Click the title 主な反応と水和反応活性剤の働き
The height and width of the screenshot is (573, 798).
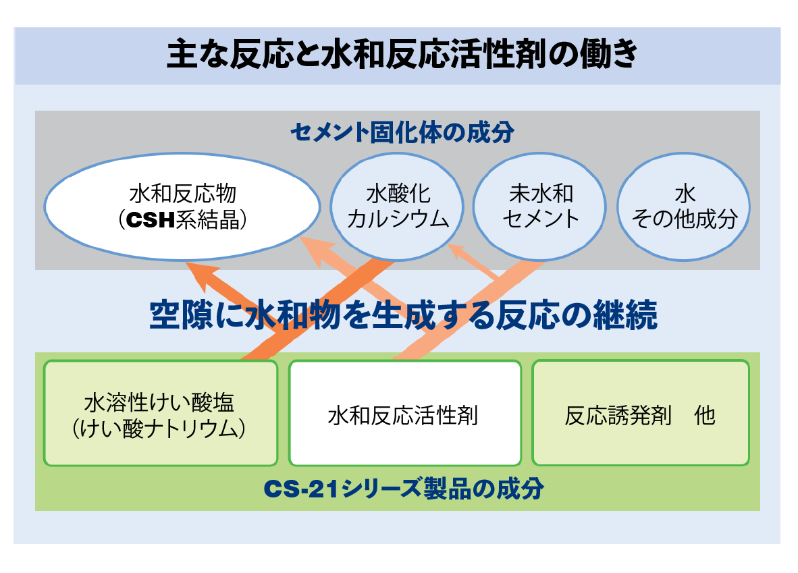tap(402, 54)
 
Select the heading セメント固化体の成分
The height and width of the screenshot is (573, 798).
tap(402, 132)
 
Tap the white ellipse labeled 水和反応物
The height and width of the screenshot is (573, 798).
tap(182, 207)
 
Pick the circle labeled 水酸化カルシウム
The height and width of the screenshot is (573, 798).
tap(397, 207)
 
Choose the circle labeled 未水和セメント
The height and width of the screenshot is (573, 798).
tap(540, 207)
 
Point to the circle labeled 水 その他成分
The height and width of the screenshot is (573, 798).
tap(683, 207)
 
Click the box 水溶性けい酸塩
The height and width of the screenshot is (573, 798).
tap(161, 413)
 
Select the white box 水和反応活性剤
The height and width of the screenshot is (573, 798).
tap(405, 413)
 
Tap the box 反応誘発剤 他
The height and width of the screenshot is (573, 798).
tap(641, 413)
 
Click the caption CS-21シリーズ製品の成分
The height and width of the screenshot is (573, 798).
tap(404, 489)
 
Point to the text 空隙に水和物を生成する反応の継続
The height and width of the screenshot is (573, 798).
tap(403, 315)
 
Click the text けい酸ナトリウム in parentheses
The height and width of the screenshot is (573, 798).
tap(159, 429)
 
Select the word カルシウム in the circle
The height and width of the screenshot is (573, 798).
tap(398, 219)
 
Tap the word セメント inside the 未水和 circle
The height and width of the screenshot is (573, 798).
tap(541, 219)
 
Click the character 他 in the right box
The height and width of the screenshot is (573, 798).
tap(705, 416)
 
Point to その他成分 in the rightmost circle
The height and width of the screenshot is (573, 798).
tap(684, 219)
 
